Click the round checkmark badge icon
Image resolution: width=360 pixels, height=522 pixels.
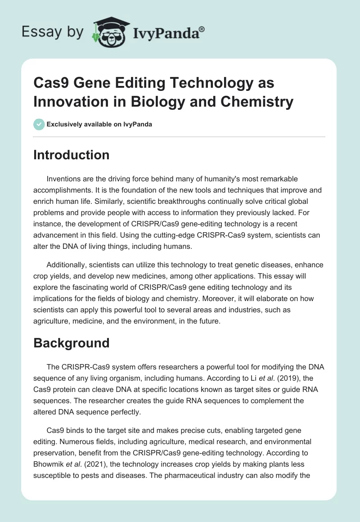40,124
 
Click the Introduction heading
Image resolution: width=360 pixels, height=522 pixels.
72,155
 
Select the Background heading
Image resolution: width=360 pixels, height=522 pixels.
72,343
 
